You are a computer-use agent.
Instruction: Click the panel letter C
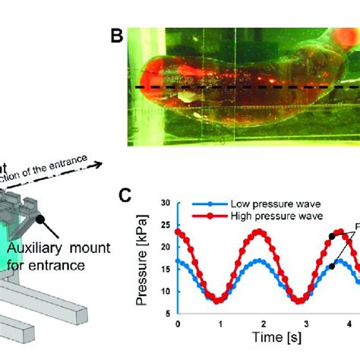pos(130,197)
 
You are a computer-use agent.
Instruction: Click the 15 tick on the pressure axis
pos(166,270)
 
